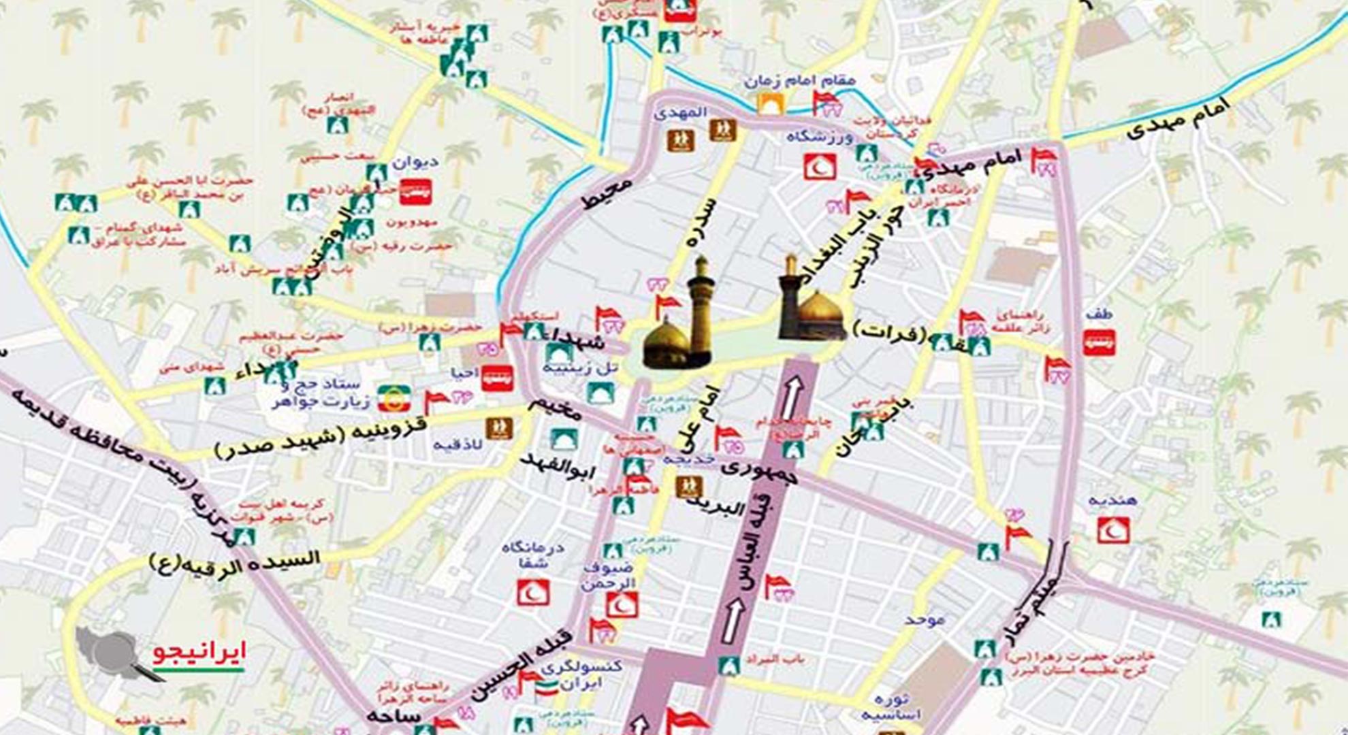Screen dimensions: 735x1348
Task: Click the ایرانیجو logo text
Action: [x=198, y=653]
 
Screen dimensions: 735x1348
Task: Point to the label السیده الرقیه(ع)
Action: [x=235, y=561]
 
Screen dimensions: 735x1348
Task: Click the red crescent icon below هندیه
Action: [x=1112, y=529]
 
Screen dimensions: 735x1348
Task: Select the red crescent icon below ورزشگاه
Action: [x=820, y=166]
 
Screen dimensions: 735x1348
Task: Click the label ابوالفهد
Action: [x=558, y=467]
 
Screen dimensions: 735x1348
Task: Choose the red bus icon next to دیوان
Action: [x=415, y=193]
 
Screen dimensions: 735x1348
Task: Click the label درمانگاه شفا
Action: [x=532, y=555]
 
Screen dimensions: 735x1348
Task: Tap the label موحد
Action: [x=925, y=620]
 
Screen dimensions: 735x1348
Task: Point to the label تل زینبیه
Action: [x=579, y=368]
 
